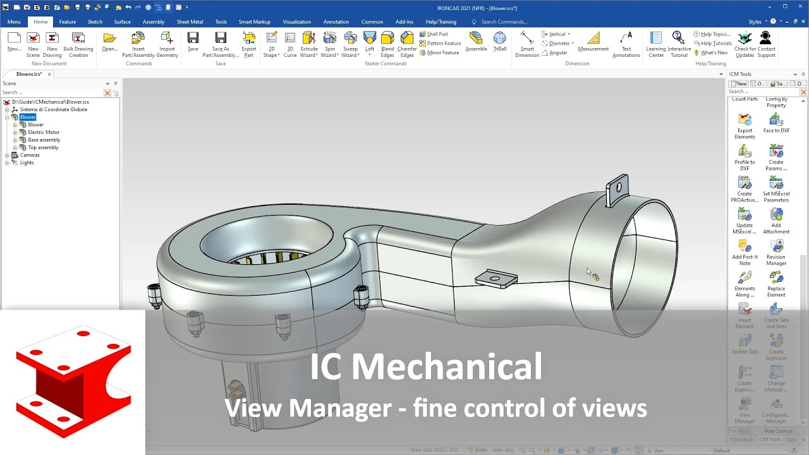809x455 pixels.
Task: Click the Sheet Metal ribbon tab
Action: (x=190, y=21)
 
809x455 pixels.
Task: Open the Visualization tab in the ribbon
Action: (x=296, y=21)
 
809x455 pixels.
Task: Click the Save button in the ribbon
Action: (x=193, y=42)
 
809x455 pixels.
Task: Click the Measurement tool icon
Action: (x=593, y=42)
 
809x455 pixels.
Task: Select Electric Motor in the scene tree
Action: (x=44, y=132)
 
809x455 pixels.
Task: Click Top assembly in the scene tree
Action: (x=43, y=147)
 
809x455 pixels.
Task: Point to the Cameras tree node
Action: (x=30, y=155)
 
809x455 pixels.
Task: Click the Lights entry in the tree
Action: (x=27, y=162)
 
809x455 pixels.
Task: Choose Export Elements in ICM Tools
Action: (x=745, y=126)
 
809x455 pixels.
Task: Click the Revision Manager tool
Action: (x=776, y=252)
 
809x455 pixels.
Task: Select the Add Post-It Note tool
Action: (x=745, y=252)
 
